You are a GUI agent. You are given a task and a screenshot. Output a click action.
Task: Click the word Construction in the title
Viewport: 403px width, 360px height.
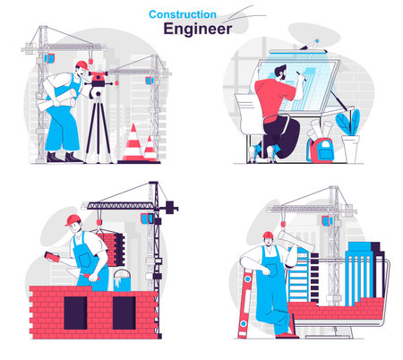(182, 13)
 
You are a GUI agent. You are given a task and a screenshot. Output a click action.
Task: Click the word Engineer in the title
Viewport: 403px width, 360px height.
(197, 29)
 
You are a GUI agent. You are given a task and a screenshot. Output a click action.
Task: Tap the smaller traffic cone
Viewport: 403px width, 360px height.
(150, 148)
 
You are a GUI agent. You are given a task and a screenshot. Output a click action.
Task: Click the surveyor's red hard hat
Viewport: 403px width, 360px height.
(81, 64)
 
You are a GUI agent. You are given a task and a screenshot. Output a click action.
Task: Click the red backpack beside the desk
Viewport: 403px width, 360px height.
(321, 149)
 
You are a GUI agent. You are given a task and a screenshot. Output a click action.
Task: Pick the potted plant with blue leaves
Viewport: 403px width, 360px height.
(347, 125)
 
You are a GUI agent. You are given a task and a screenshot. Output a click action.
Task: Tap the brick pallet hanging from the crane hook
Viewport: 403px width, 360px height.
(111, 247)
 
